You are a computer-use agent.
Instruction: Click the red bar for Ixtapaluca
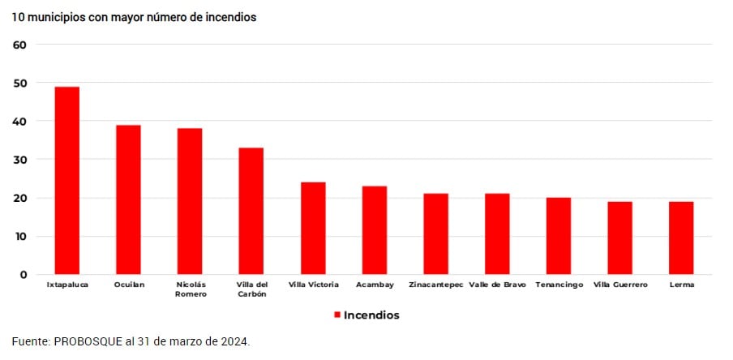pyautogui.click(x=67, y=180)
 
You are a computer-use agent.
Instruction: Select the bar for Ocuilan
pyautogui.click(x=128, y=199)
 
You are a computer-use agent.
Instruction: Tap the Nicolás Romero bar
pyautogui.click(x=190, y=201)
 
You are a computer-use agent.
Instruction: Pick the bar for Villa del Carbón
pyautogui.click(x=251, y=211)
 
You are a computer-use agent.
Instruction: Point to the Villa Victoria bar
pyautogui.click(x=313, y=228)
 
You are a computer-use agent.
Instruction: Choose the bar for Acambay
pyautogui.click(x=375, y=230)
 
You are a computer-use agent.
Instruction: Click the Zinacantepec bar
pyautogui.click(x=435, y=234)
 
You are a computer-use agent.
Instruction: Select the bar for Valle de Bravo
pyautogui.click(x=497, y=234)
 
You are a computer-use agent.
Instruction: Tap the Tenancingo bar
pyautogui.click(x=559, y=236)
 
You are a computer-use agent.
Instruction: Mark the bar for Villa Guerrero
pyautogui.click(x=620, y=238)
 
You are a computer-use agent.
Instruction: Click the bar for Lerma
pyautogui.click(x=681, y=238)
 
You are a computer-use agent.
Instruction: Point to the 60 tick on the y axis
pyautogui.click(x=20, y=45)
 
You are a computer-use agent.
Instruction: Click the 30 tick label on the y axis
pyautogui.click(x=20, y=160)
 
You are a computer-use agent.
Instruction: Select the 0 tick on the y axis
pyautogui.click(x=24, y=275)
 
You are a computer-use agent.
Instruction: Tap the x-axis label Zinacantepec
pyautogui.click(x=435, y=285)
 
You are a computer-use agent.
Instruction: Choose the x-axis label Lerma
pyautogui.click(x=681, y=285)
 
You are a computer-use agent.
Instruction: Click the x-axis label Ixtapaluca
pyautogui.click(x=67, y=285)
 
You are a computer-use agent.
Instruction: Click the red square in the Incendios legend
pyautogui.click(x=336, y=315)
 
